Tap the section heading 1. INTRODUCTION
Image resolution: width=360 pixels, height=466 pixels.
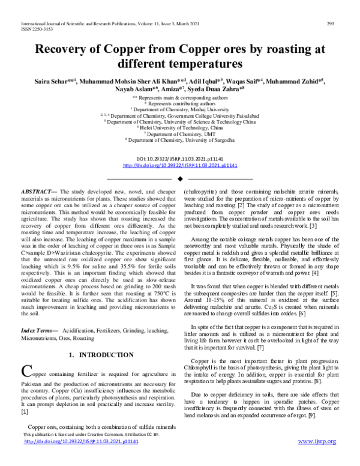[x=98, y=355]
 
